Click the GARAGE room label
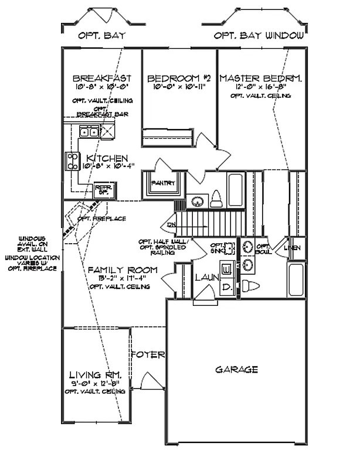pos(236,370)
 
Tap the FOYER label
pos(147,355)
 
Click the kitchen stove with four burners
pos(72,161)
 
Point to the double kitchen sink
pos(90,132)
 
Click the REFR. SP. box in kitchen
pos(103,189)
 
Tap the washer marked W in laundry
pos(227,270)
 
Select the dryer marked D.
pos(227,288)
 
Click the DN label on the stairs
pos(171,224)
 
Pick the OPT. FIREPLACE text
pos(101,219)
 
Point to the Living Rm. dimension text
pos(95,383)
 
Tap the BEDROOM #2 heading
pos(179,78)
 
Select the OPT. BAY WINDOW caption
pos(259,35)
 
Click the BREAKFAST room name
pos(101,78)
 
